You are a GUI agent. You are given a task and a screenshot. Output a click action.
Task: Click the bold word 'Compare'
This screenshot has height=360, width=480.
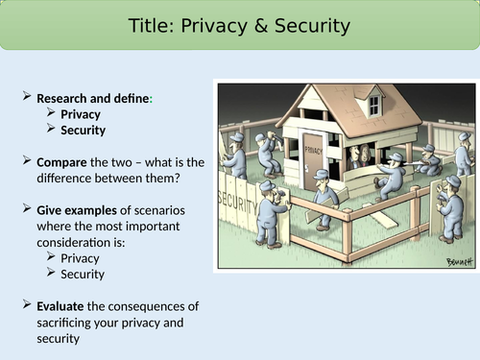click(x=63, y=162)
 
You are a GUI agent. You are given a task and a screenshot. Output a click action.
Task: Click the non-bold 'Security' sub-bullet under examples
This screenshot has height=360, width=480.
click(x=83, y=274)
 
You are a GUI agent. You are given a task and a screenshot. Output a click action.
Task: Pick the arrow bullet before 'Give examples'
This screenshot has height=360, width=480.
click(x=26, y=209)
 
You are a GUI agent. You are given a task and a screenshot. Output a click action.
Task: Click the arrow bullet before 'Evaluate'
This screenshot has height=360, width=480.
click(x=26, y=305)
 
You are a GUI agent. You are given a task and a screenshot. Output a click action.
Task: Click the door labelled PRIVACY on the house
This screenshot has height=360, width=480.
click(x=314, y=158)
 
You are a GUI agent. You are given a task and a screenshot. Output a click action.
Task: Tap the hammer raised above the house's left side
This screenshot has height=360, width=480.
click(x=278, y=124)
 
